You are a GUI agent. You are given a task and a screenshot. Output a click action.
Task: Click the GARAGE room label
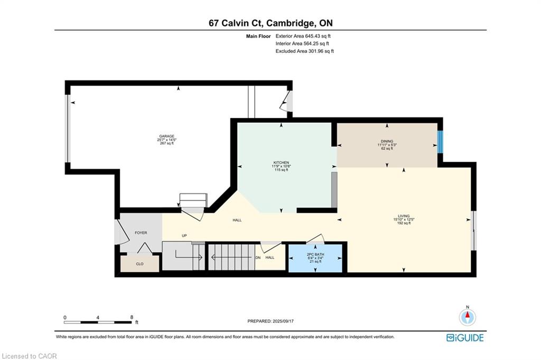[166, 136]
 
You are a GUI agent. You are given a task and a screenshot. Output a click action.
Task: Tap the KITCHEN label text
[281, 163]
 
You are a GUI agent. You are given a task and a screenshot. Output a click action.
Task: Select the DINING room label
[387, 141]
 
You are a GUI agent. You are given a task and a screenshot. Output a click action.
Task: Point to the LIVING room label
[404, 216]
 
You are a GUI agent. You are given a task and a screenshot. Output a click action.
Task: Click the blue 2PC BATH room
[315, 258]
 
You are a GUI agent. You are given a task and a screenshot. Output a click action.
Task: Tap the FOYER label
[141, 233]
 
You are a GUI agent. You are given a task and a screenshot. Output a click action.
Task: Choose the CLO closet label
[139, 264]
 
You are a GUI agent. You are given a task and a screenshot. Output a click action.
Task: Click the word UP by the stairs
[184, 236]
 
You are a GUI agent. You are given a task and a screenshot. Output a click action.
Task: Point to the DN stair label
[258, 257]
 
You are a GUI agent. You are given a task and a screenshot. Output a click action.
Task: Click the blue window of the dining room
[440, 142]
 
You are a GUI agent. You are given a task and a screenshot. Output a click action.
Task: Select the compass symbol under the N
[468, 317]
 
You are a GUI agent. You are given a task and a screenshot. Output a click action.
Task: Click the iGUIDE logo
[465, 338]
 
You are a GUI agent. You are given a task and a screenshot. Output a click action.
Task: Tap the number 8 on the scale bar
[132, 317]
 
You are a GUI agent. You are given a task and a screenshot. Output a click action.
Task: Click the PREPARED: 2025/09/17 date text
[270, 321]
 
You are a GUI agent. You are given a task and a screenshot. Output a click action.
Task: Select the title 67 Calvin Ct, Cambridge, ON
[271, 23]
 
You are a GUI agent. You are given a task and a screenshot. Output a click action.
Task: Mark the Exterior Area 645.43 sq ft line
[303, 36]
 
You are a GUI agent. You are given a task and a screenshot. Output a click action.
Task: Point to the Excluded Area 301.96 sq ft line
[305, 51]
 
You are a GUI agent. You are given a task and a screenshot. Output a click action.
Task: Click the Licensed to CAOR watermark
[30, 356]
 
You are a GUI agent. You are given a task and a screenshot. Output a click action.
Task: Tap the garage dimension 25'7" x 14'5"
[166, 140]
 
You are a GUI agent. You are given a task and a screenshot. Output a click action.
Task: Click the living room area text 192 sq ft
[404, 223]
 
